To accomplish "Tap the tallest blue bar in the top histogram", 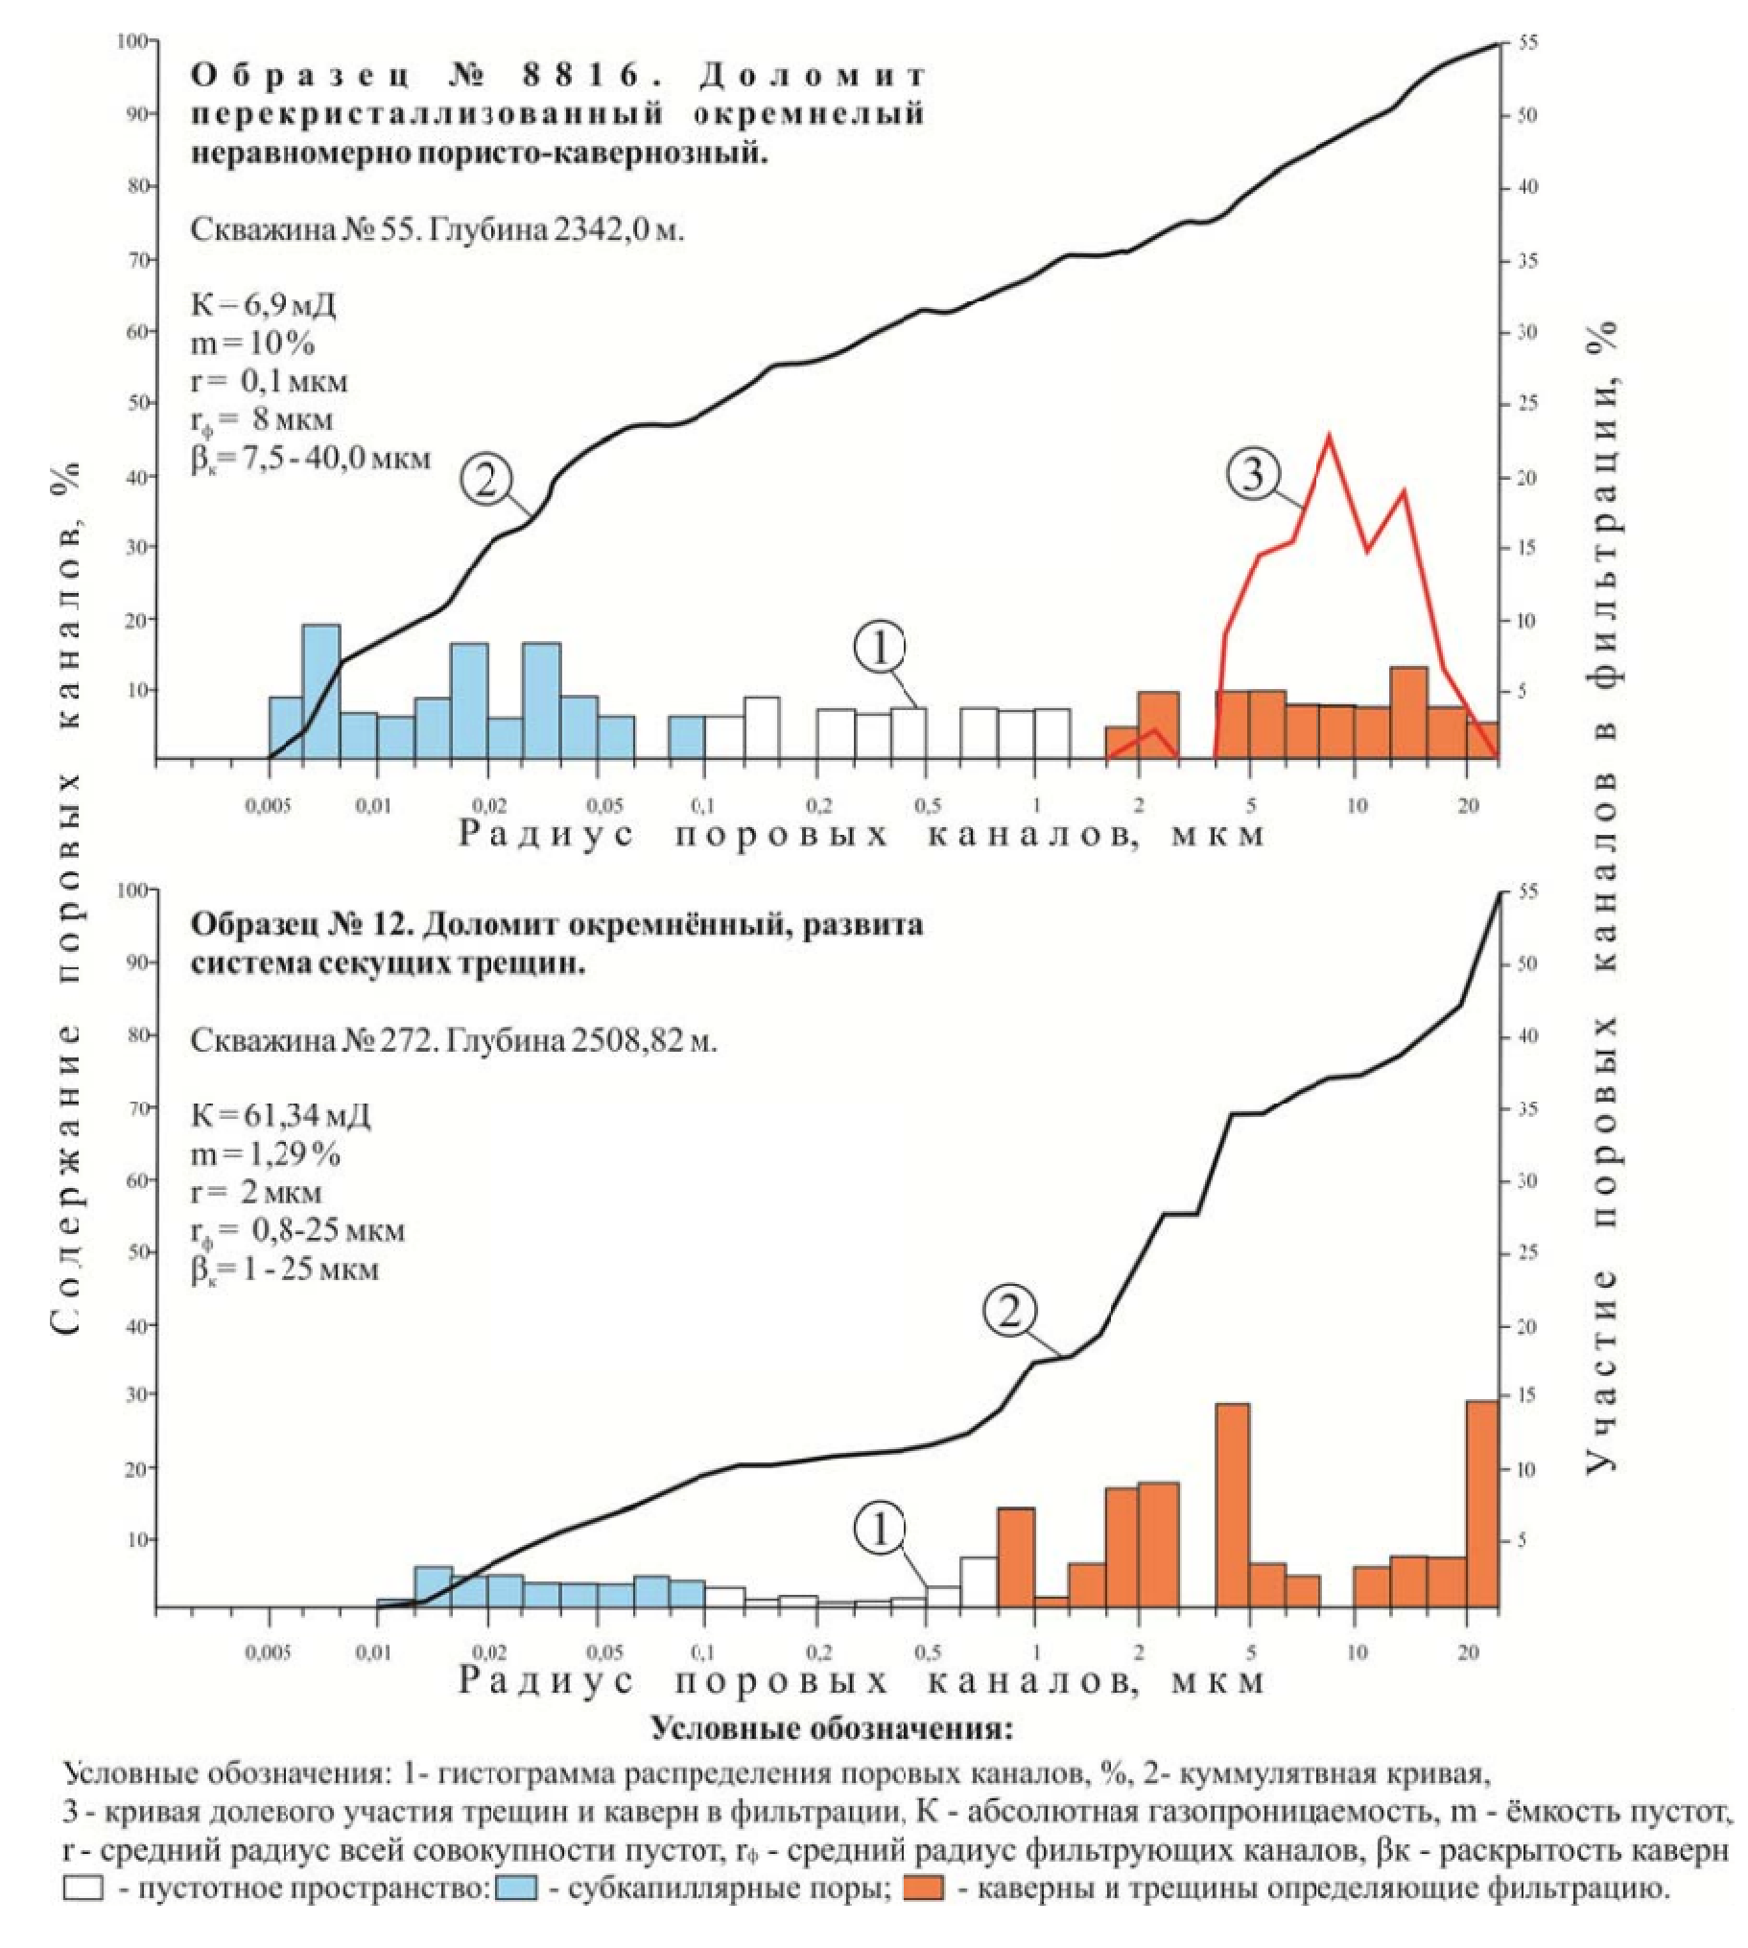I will (321, 692).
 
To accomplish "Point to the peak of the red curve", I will (1329, 436).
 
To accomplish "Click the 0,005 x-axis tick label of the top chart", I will (262, 807).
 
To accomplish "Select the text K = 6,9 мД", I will (263, 305).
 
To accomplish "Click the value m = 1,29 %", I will (266, 1153).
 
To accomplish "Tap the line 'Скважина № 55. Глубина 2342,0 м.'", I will (437, 230).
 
